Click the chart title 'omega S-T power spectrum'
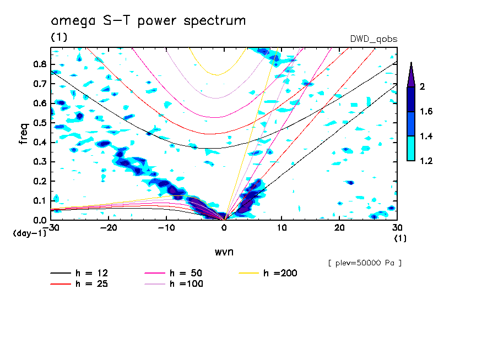[148, 21]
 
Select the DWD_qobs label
[373, 39]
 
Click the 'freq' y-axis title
[23, 133]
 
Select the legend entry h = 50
[183, 273]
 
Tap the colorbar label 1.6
[426, 112]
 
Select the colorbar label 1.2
[426, 161]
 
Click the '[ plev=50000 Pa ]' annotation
[364, 263]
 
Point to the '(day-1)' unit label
[30, 233]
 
